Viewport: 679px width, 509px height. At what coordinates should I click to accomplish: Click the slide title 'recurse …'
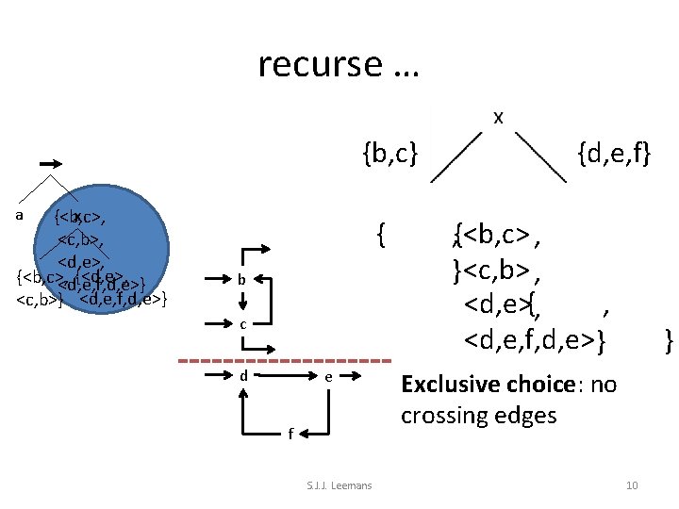tap(339, 64)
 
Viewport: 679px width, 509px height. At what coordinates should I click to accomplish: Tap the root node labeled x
tap(498, 117)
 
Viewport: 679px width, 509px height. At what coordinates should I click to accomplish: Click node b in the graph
tap(242, 280)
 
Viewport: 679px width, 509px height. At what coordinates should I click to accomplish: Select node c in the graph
tap(242, 325)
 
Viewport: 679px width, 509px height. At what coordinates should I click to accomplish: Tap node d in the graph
tap(243, 376)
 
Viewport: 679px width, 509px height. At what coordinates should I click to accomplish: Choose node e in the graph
tap(327, 376)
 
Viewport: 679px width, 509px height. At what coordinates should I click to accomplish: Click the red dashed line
tap(284, 361)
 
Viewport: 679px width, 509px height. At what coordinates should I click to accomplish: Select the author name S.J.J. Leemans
tap(339, 485)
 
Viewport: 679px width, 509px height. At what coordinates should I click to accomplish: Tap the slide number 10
tap(632, 485)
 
